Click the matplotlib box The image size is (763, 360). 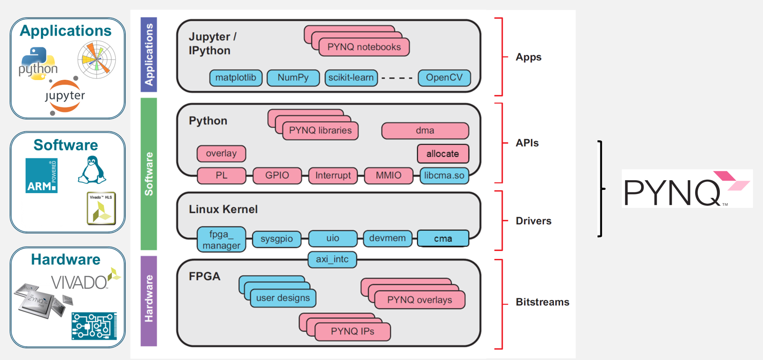tap(236, 78)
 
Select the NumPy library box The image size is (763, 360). tap(293, 78)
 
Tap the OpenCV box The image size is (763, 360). tap(444, 78)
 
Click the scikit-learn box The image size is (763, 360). tap(351, 78)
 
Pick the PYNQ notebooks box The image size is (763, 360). tap(364, 47)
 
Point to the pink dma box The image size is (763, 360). tap(425, 131)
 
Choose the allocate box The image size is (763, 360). tap(443, 154)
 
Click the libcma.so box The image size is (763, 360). tap(444, 176)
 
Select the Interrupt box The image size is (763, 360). tap(333, 176)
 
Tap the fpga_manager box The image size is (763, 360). tap(222, 240)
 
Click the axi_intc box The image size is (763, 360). tap(332, 259)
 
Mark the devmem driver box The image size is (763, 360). tap(388, 238)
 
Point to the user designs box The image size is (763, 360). tap(283, 298)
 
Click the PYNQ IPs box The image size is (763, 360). tap(353, 332)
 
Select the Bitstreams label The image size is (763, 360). tap(543, 302)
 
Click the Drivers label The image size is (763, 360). tap(533, 221)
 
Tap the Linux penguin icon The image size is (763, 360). tap(92, 170)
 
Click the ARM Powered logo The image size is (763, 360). tap(41, 176)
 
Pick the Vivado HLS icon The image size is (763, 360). tap(101, 208)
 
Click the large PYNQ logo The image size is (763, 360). tap(687, 189)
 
